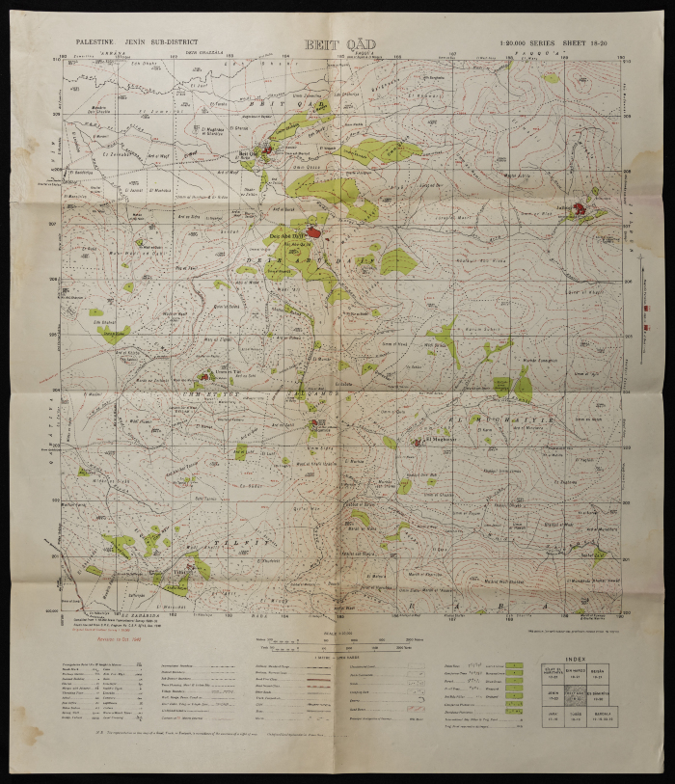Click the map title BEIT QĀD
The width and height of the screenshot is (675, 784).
coord(338,44)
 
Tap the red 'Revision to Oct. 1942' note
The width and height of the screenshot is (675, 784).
coord(117,638)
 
